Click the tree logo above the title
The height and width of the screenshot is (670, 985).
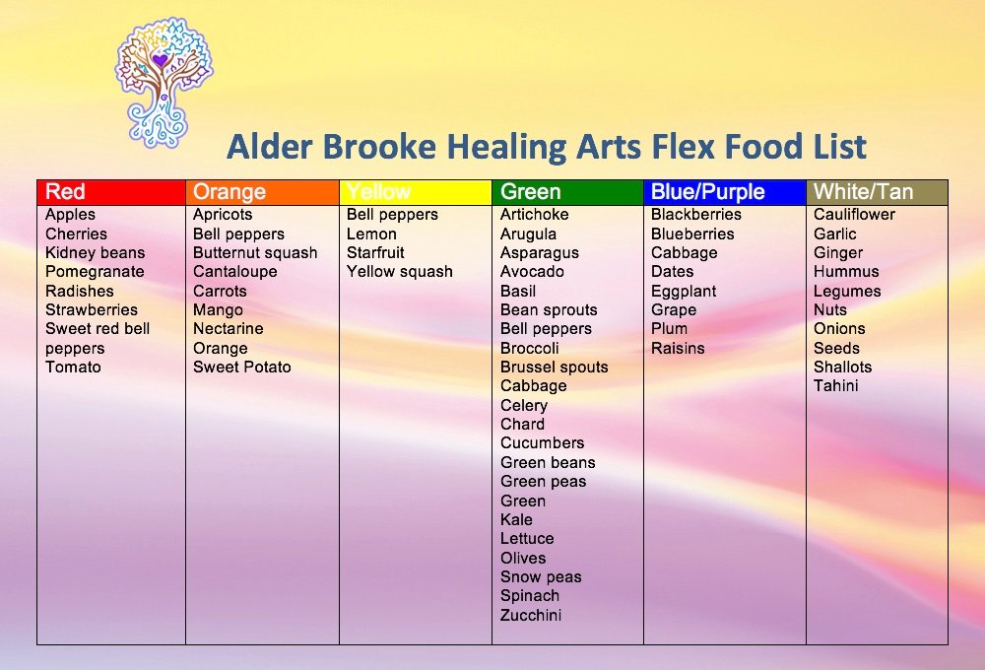(164, 79)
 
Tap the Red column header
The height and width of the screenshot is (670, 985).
(66, 192)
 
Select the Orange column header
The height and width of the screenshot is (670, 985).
(230, 192)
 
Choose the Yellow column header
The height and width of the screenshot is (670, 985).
(379, 192)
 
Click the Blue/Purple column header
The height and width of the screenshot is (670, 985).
(707, 192)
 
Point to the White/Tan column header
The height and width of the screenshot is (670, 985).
(863, 192)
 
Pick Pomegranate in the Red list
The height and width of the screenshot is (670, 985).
(95, 272)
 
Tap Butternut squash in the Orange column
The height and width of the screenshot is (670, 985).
(255, 253)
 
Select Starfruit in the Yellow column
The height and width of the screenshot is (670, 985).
(375, 253)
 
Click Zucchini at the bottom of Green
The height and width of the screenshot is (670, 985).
(531, 616)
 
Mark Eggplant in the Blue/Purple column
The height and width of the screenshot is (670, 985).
(684, 292)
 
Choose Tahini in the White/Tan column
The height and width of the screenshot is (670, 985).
(835, 386)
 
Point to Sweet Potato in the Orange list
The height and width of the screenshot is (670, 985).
(242, 368)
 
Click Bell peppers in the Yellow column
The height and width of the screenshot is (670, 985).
(392, 215)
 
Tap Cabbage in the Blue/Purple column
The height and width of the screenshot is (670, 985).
(685, 253)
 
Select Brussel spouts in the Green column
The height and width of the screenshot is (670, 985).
(554, 368)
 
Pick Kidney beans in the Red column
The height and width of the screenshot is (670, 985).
(95, 253)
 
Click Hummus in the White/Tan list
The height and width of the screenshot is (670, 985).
(846, 272)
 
